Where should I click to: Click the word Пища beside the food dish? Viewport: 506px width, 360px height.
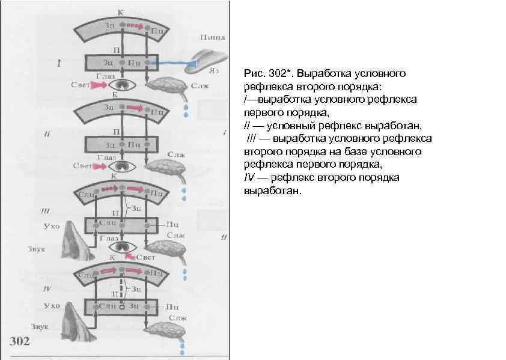click(x=213, y=37)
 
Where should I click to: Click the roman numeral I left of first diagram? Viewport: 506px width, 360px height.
click(x=58, y=62)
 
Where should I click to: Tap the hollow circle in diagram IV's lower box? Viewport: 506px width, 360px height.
click(x=121, y=307)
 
